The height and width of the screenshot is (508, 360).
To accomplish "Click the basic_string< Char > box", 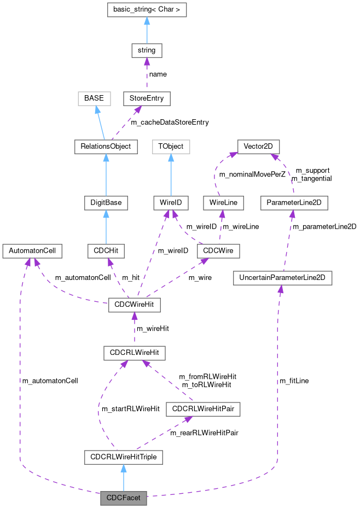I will pyautogui.click(x=147, y=10).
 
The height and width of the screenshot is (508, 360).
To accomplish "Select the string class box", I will pyautogui.click(x=147, y=50).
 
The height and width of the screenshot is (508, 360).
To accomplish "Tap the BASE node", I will pyautogui.click(x=94, y=98).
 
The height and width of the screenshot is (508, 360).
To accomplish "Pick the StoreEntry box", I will pyautogui.click(x=147, y=98).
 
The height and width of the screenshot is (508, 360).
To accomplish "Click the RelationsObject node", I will pyautogui.click(x=106, y=147).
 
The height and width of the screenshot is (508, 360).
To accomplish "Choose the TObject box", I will pyautogui.click(x=171, y=147).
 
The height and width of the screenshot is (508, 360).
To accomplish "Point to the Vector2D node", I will pyautogui.click(x=259, y=147).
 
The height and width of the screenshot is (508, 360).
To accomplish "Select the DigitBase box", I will pyautogui.click(x=106, y=203).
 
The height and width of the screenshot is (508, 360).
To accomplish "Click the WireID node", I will pyautogui.click(x=171, y=203).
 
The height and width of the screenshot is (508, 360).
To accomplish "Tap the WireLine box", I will pyautogui.click(x=223, y=203).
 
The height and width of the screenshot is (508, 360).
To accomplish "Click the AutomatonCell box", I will pyautogui.click(x=32, y=251).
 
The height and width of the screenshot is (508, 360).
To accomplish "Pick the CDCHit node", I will pyautogui.click(x=106, y=251).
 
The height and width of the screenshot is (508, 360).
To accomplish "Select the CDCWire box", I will pyautogui.click(x=218, y=251).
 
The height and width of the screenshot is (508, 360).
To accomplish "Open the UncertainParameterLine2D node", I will pyautogui.click(x=282, y=278).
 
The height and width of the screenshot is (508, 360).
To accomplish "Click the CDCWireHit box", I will pyautogui.click(x=135, y=305).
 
